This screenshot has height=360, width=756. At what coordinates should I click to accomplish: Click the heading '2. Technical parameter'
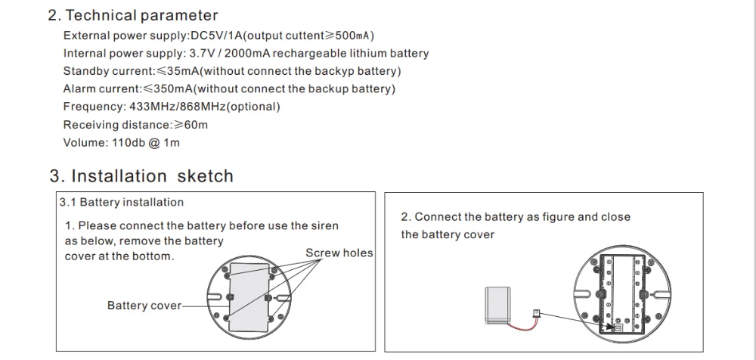click(132, 15)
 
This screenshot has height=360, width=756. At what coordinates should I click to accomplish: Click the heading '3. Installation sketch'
click(141, 176)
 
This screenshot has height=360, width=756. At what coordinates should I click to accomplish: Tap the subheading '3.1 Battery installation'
click(122, 202)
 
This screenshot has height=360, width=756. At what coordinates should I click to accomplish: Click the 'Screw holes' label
click(339, 253)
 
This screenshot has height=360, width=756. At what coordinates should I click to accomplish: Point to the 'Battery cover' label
click(144, 306)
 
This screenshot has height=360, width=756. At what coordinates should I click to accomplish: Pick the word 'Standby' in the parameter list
click(85, 71)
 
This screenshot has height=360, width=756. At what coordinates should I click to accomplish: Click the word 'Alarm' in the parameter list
click(80, 88)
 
